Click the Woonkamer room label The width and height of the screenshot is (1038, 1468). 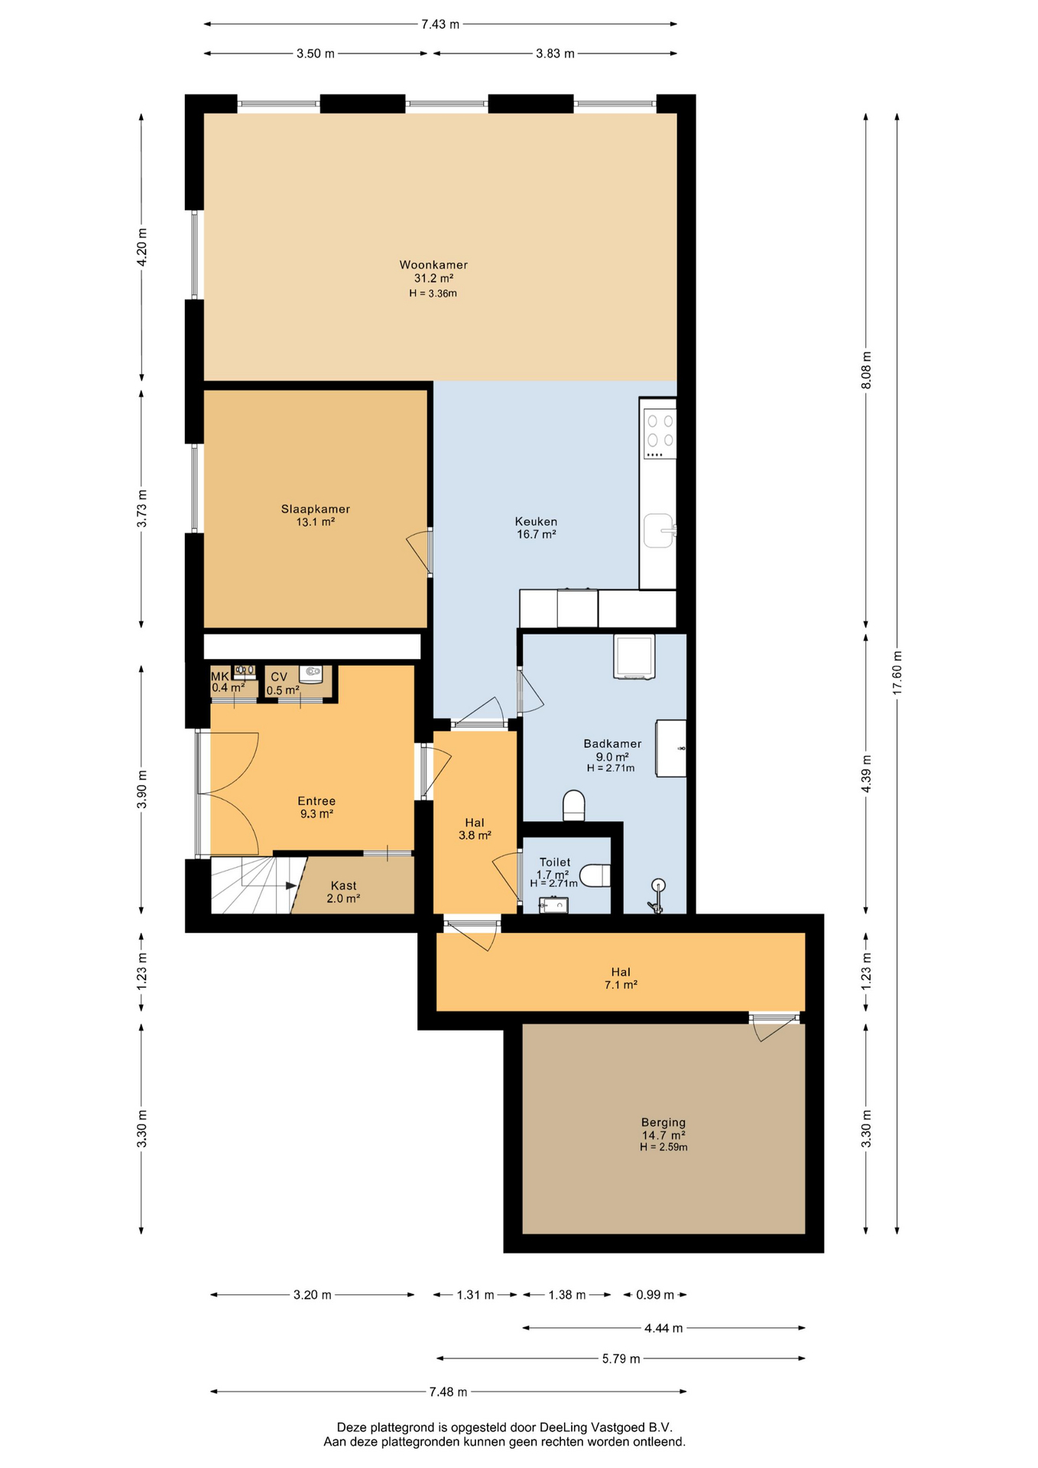[433, 265]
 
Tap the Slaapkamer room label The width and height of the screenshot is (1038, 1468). [316, 509]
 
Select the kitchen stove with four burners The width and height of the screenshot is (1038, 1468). [660, 434]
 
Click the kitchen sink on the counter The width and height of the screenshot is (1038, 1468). [659, 531]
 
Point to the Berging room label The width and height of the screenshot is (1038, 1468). [663, 1122]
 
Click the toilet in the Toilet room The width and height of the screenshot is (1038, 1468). [595, 875]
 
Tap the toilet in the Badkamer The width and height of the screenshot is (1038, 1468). [574, 806]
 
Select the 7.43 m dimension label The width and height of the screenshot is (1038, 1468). [440, 24]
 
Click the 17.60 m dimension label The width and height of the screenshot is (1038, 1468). [897, 672]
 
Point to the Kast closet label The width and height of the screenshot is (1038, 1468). [344, 885]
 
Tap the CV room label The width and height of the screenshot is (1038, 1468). [279, 677]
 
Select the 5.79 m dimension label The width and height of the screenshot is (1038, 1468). [621, 1359]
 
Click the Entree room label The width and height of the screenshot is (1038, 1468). [316, 801]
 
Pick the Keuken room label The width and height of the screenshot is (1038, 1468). [536, 521]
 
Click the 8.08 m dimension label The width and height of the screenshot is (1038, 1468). [866, 370]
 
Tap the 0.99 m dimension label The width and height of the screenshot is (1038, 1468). [655, 1294]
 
